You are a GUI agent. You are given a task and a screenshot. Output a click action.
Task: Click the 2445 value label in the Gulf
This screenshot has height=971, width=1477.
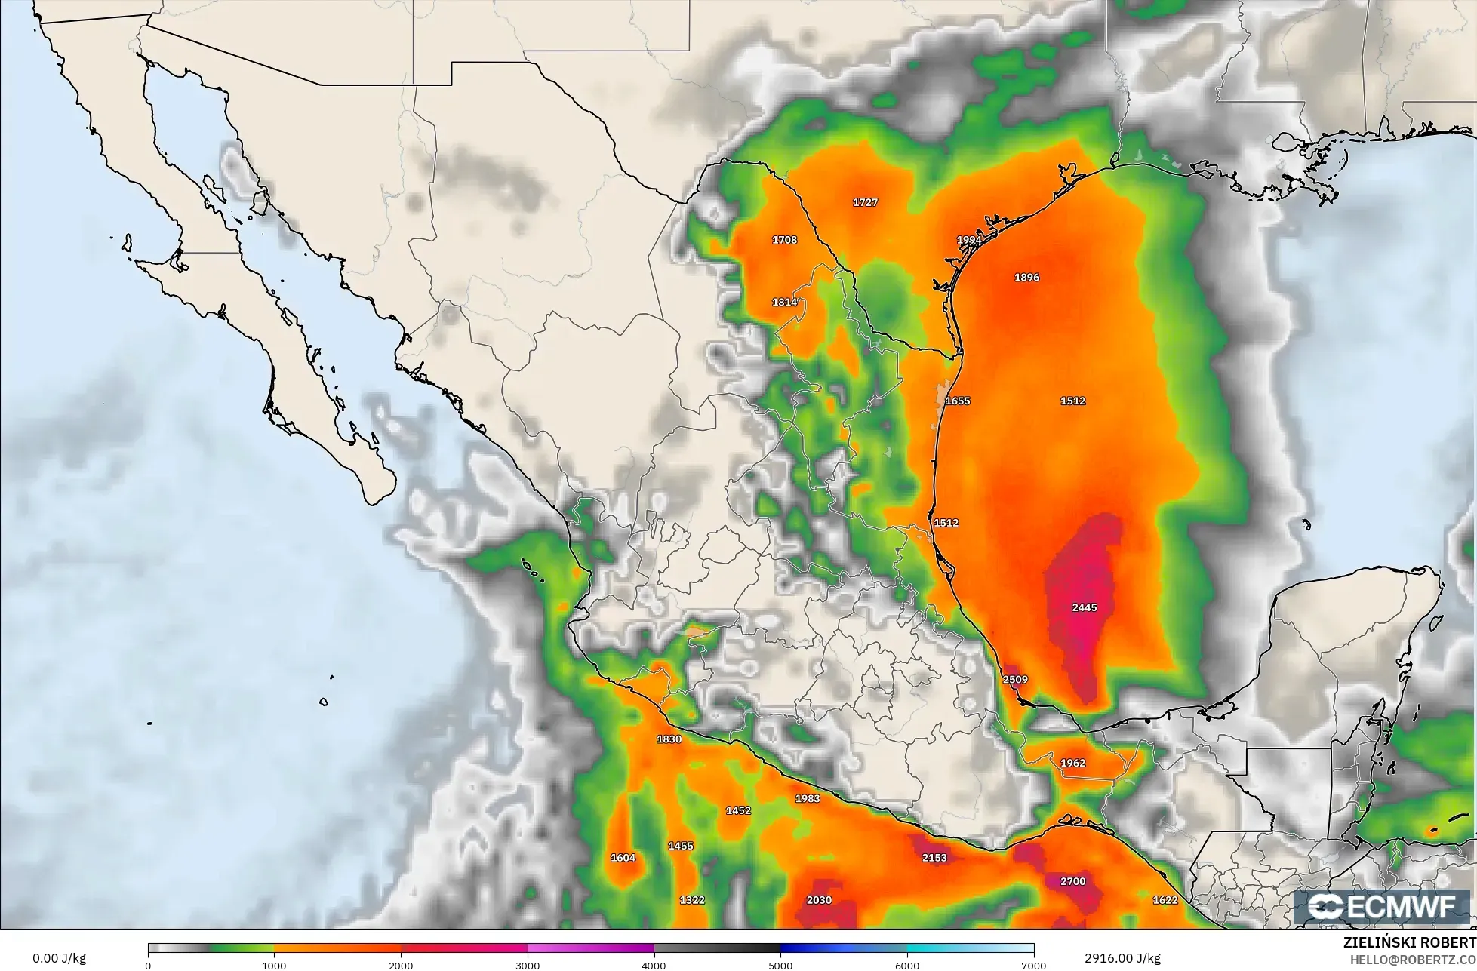1084,607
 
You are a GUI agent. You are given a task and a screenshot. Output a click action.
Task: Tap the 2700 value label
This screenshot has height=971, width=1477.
1072,881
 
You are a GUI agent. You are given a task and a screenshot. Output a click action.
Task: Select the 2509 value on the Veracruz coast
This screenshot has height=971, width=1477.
1015,679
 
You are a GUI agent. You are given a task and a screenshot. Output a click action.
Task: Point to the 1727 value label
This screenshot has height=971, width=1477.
865,202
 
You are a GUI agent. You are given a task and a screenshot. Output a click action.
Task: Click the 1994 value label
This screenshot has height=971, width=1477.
969,240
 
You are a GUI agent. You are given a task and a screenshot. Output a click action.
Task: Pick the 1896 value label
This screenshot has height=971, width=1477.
1026,277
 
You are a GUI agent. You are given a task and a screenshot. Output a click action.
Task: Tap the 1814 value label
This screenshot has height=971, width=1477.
784,302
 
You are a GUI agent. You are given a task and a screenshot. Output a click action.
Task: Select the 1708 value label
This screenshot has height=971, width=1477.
784,240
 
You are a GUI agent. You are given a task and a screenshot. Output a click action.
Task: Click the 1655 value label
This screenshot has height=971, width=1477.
958,401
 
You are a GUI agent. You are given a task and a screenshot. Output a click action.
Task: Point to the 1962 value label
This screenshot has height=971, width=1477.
1072,763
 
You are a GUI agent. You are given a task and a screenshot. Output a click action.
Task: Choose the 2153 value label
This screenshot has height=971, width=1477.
934,857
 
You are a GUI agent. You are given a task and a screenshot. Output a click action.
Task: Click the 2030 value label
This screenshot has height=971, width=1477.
819,900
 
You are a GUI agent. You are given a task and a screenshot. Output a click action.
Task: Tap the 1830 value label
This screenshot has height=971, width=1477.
669,739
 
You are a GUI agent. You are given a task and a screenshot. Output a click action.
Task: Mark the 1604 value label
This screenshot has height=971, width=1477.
623,858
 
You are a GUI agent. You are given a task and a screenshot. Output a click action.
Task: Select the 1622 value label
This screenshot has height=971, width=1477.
1165,900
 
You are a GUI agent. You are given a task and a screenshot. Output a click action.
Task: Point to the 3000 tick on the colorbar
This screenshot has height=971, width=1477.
528,965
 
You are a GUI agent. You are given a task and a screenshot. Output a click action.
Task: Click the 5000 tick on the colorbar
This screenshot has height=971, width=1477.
780,965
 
